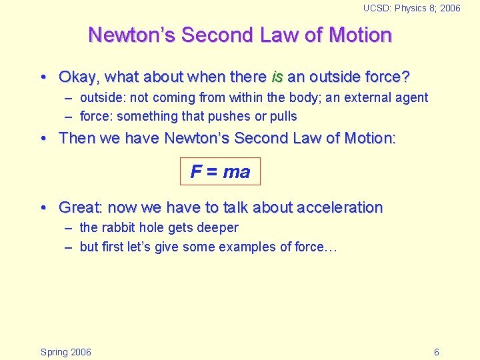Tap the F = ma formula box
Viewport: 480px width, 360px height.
coord(220,171)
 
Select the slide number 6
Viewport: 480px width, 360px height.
coord(436,352)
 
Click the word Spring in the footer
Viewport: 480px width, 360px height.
coord(54,352)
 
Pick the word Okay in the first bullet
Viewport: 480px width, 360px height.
coord(78,77)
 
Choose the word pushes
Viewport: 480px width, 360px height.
coord(228,116)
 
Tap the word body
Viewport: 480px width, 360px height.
coord(303,97)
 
